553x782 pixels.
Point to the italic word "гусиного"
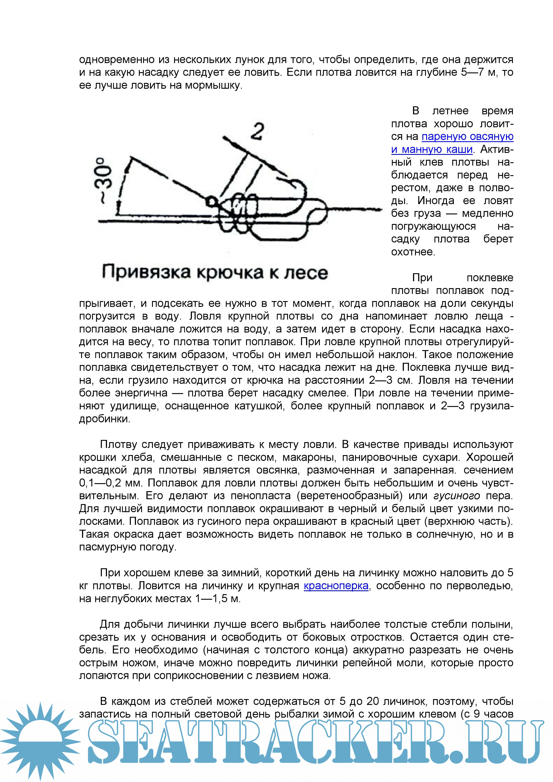tap(456, 496)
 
